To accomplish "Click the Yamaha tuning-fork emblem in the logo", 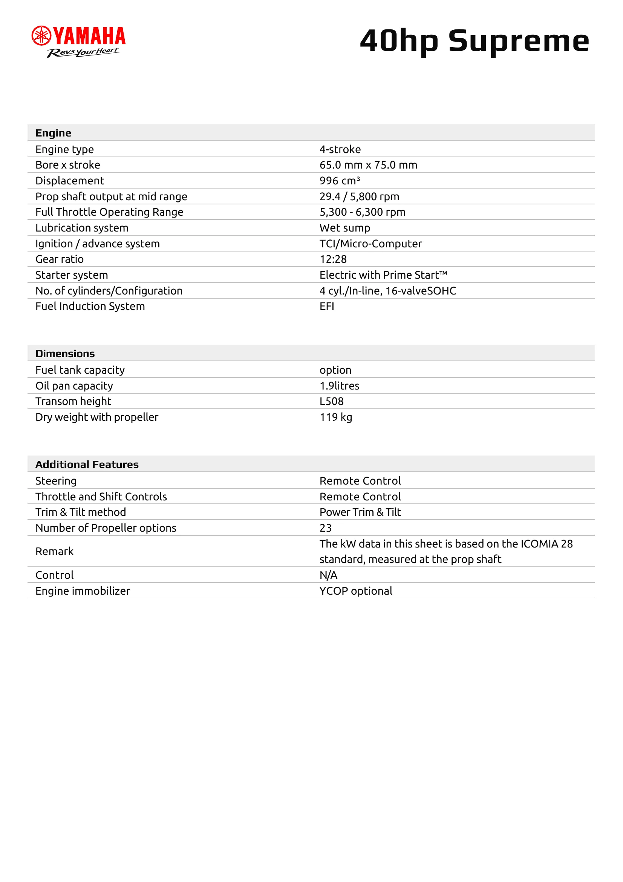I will (x=41, y=36).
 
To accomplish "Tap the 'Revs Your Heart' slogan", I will (x=83, y=52).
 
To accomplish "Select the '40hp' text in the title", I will (x=399, y=41).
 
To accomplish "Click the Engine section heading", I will (x=54, y=133).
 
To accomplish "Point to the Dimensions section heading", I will (x=65, y=353).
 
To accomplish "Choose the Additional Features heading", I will (x=87, y=465).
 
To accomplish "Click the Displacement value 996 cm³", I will (x=340, y=181).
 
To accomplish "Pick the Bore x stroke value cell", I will (x=368, y=165).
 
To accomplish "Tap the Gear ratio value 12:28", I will (x=333, y=259).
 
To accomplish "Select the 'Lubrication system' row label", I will (x=82, y=228).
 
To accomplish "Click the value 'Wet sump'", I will (x=345, y=228).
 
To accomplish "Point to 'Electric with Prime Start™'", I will (x=383, y=275).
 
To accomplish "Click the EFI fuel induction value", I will (x=327, y=306).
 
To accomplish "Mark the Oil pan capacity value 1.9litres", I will (x=339, y=386).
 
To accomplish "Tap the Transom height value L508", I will (x=331, y=402).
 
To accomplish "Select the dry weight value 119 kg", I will (x=335, y=417).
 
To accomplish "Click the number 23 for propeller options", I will (x=326, y=528).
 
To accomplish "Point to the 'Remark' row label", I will (x=55, y=551).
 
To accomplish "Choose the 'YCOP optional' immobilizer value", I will (x=356, y=591).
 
